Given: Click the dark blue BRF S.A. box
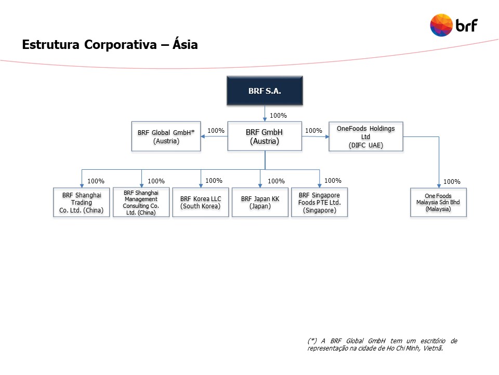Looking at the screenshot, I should point(265,91).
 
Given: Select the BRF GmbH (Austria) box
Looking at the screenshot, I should point(265,136).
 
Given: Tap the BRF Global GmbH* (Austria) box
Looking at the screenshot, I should point(166,136).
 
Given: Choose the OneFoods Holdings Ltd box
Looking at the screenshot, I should point(365,136).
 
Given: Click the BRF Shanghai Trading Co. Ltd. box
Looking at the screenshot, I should point(82,203).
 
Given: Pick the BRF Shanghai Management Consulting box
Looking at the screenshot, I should point(141,203).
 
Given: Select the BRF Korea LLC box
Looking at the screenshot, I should point(200,203).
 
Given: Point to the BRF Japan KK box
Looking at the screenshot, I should point(260,203).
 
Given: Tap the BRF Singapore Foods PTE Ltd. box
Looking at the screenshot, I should point(319,203).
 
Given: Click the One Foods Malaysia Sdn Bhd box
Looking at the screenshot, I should point(438,203).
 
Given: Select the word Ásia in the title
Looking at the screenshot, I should point(185,45).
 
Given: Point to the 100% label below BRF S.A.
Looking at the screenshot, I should point(279,116).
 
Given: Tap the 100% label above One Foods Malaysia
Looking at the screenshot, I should point(452,182).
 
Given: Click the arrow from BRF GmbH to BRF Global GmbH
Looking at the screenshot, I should point(214,137).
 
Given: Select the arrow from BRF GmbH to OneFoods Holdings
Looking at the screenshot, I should point(316,137).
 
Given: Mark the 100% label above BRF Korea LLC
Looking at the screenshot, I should point(214,181).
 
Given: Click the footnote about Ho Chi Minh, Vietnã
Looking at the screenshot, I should point(382,344).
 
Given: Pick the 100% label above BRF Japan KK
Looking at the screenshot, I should point(276,181).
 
